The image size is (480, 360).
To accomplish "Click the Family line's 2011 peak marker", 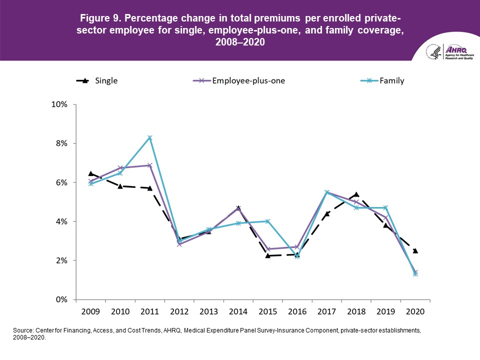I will (149, 137).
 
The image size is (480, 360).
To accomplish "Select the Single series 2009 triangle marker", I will (90, 173).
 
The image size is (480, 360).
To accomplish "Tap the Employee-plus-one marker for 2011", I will (149, 165).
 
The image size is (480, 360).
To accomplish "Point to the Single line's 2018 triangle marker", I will (356, 194).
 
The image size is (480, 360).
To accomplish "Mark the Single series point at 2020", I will (415, 250).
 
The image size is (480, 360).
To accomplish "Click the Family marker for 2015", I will (267, 221).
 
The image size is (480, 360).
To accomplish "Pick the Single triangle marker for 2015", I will (267, 255).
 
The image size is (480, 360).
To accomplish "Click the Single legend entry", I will (97, 80).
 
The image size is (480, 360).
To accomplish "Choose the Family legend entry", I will (382, 80).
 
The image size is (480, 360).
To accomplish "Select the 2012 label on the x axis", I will (179, 311).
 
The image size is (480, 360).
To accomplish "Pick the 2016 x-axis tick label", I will (297, 311).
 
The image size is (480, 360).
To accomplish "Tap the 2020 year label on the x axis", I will (415, 311).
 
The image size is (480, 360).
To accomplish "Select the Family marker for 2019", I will (385, 207).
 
